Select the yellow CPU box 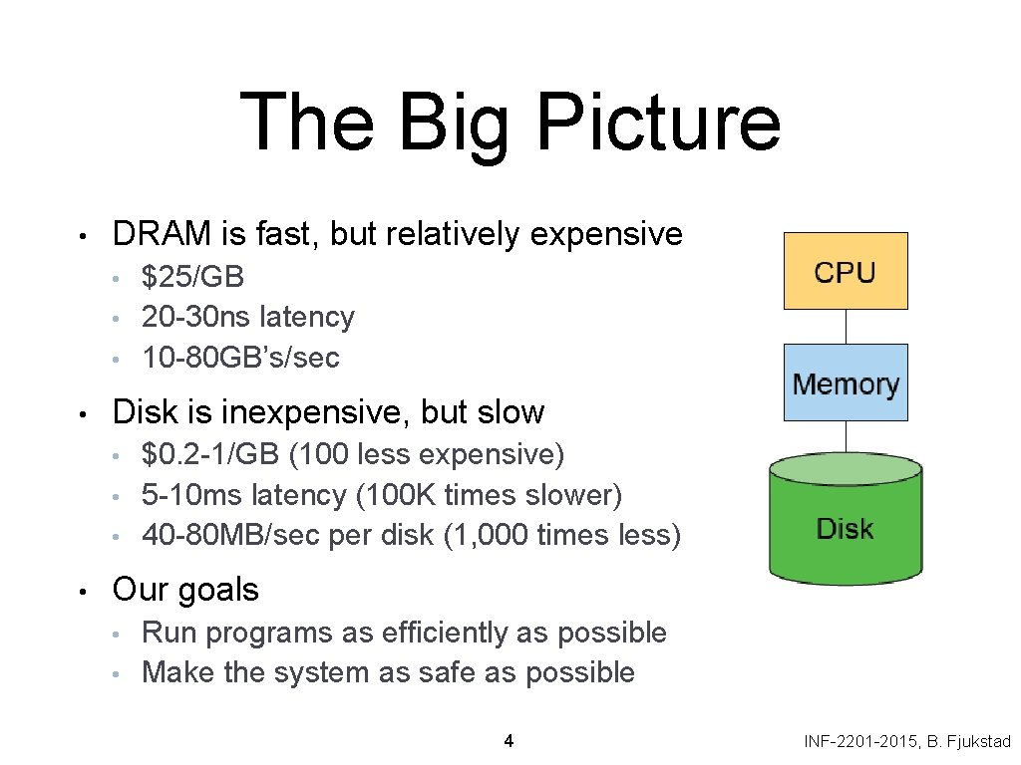click(x=846, y=271)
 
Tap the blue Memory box click(x=846, y=382)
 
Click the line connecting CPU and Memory click(x=846, y=327)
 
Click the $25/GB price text click(x=193, y=276)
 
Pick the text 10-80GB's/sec click(x=240, y=357)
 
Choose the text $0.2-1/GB click(x=210, y=454)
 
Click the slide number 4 click(x=510, y=740)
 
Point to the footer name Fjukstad click(x=978, y=741)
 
